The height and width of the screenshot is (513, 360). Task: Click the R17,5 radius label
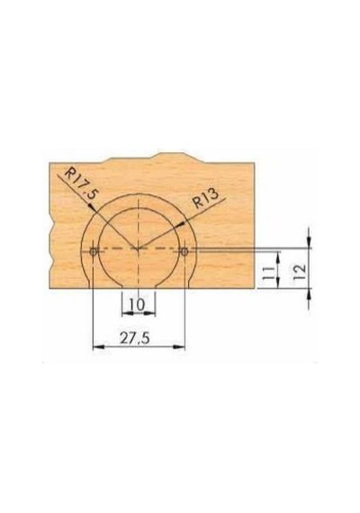[81, 184]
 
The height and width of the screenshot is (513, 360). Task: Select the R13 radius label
[205, 199]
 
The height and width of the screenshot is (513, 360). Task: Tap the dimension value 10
[137, 304]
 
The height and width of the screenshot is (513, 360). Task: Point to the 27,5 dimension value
[135, 337]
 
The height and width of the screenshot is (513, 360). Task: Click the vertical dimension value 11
[268, 272]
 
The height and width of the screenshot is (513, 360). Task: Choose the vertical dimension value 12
[300, 271]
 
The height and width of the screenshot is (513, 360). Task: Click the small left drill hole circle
[94, 252]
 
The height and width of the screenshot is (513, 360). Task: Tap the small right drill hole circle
[184, 251]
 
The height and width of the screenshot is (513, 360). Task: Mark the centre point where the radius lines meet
[139, 248]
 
